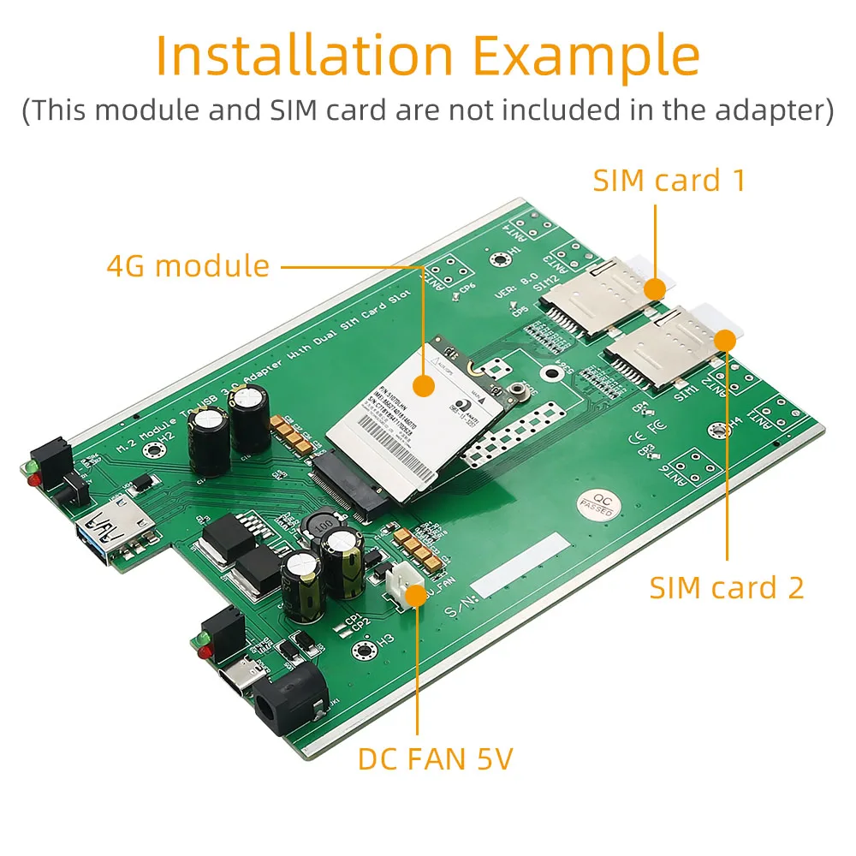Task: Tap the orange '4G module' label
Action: click(x=188, y=266)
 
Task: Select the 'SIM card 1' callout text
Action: click(x=669, y=181)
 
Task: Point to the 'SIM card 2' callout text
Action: click(x=727, y=587)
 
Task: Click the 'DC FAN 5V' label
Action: click(x=435, y=758)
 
